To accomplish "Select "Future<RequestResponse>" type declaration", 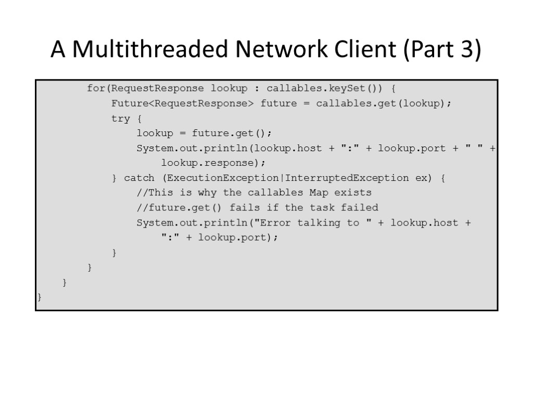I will coord(182,103).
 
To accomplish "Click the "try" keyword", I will coord(120,118).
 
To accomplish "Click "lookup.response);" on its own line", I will coord(210,163).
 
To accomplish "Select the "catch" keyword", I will coord(139,178).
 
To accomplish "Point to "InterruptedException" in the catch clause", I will coord(347,178).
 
